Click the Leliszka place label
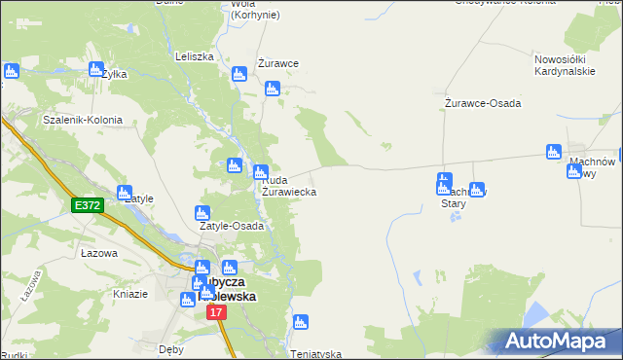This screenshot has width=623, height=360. [194, 56]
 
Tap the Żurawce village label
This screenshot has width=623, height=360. [277, 63]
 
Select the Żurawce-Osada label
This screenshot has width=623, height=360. [483, 103]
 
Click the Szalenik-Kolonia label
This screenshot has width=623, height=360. [82, 121]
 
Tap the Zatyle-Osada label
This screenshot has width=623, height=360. [232, 227]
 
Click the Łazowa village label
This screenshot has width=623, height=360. [99, 253]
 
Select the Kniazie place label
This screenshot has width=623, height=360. [130, 293]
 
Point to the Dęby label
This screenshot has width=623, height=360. [171, 347]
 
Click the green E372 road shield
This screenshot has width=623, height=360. [87, 205]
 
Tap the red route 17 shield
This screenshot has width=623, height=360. [216, 312]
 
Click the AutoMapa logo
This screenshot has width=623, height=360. [556, 342]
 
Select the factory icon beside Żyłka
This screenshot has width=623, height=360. [96, 70]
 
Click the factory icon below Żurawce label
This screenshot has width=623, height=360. [272, 90]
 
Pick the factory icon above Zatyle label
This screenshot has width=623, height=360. [125, 193]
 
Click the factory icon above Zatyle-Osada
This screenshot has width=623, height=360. [202, 213]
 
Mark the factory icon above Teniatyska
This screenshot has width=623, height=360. [300, 322]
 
